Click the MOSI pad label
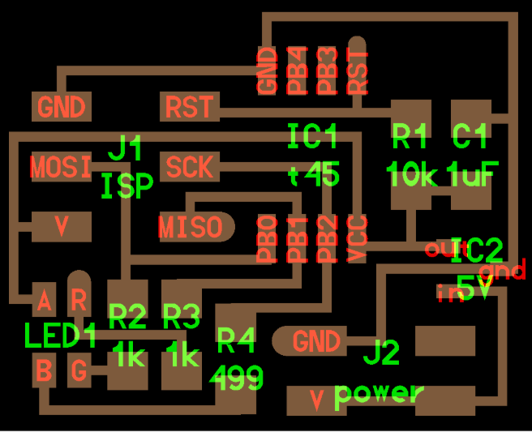coord(61,168)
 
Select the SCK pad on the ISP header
coord(189,167)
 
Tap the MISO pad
coord(190,227)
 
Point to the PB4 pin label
coord(298,71)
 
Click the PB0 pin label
coord(266,240)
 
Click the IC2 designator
coord(477,251)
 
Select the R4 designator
coord(236,342)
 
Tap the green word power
coord(380,394)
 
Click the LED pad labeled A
coord(44,302)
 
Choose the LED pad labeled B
coord(44,372)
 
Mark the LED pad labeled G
coord(79,372)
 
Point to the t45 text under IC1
coord(314,175)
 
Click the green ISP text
coord(127,187)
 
